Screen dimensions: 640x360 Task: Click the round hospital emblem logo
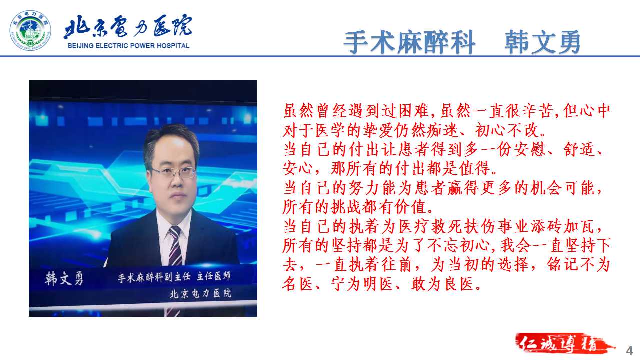(x=30, y=30)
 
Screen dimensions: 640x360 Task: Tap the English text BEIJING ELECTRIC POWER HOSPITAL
(x=128, y=46)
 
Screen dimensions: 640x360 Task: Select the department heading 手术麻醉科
(x=409, y=42)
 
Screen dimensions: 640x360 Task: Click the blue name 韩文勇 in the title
(x=543, y=42)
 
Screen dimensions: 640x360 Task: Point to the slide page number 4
(x=629, y=351)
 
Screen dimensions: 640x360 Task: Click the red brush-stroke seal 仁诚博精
(x=564, y=343)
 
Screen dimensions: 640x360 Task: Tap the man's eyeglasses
(x=174, y=172)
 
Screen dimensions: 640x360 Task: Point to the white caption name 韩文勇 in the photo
(x=64, y=278)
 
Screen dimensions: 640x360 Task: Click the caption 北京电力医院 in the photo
(x=200, y=293)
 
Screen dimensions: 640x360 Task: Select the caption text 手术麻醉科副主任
(x=154, y=277)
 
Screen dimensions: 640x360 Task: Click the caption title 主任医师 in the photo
(x=214, y=276)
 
